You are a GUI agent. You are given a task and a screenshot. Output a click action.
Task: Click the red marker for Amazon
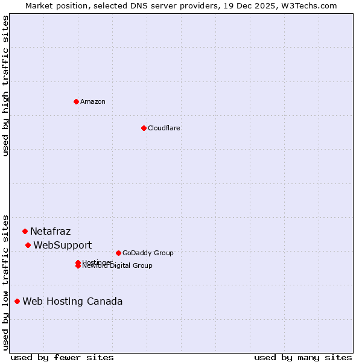pos(76,101)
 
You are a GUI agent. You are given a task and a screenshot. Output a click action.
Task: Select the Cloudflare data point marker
pos(144,128)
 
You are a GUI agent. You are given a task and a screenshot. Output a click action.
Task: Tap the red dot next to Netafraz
pos(25,231)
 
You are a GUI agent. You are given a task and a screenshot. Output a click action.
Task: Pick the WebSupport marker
pos(28,245)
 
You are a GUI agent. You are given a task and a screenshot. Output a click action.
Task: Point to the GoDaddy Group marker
pos(118,253)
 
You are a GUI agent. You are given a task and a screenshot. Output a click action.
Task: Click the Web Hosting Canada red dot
pos(17,301)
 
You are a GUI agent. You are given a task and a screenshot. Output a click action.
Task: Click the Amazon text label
pos(93,101)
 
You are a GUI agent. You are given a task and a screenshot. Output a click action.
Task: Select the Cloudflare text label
pos(164,128)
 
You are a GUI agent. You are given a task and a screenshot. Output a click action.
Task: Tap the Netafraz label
pos(51,231)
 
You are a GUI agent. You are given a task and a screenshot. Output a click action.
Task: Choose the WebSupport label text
pos(63,245)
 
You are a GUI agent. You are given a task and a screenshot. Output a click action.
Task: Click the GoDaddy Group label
pos(148,253)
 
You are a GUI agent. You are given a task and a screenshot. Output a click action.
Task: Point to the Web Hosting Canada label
pos(72,301)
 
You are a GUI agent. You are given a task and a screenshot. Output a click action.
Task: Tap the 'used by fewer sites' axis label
pos(62,357)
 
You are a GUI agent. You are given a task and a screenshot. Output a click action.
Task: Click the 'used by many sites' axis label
pos(303,357)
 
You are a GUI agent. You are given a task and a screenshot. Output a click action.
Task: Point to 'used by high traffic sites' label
pos(5,86)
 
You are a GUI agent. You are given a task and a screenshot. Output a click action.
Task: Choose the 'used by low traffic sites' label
pos(5,282)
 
